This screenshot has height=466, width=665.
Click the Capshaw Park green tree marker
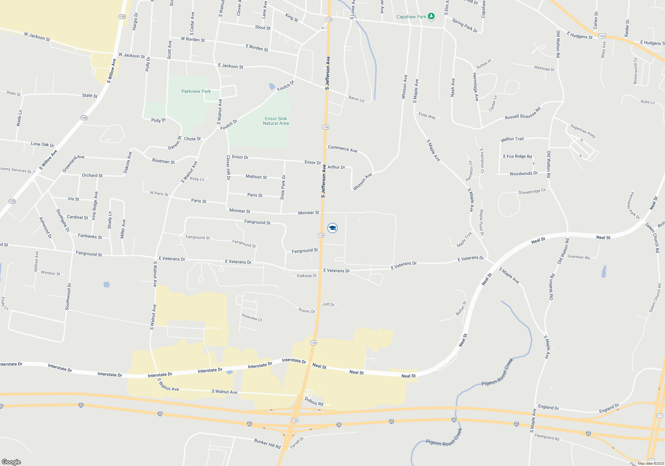pyautogui.click(x=431, y=16)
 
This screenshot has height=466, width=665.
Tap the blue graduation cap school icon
pyautogui.click(x=332, y=228)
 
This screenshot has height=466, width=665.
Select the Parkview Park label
pyautogui.click(x=196, y=91)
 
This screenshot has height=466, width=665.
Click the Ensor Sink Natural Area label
pyautogui.click(x=276, y=121)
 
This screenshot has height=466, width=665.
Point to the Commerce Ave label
pyautogui.click(x=342, y=149)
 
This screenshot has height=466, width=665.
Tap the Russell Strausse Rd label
pyautogui.click(x=522, y=114)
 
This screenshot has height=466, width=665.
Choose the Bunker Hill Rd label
pyautogui.click(x=267, y=444)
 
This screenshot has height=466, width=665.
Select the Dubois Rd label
pyautogui.click(x=314, y=402)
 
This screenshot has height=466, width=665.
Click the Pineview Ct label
pyautogui.click(x=252, y=318)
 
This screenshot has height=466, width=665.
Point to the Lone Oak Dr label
pyautogui.click(x=43, y=144)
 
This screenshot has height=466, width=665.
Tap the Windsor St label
pyautogui.click(x=51, y=273)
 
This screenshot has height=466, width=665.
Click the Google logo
pyautogui.click(x=11, y=462)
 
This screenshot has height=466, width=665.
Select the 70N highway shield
pyautogui.click(x=602, y=36)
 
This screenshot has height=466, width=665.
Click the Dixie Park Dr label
pyautogui.click(x=283, y=187)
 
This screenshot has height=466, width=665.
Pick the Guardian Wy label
pyautogui.click(x=579, y=257)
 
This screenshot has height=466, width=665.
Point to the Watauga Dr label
pyautogui.click(x=544, y=68)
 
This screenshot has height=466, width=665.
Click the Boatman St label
pyautogui.click(x=163, y=161)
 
